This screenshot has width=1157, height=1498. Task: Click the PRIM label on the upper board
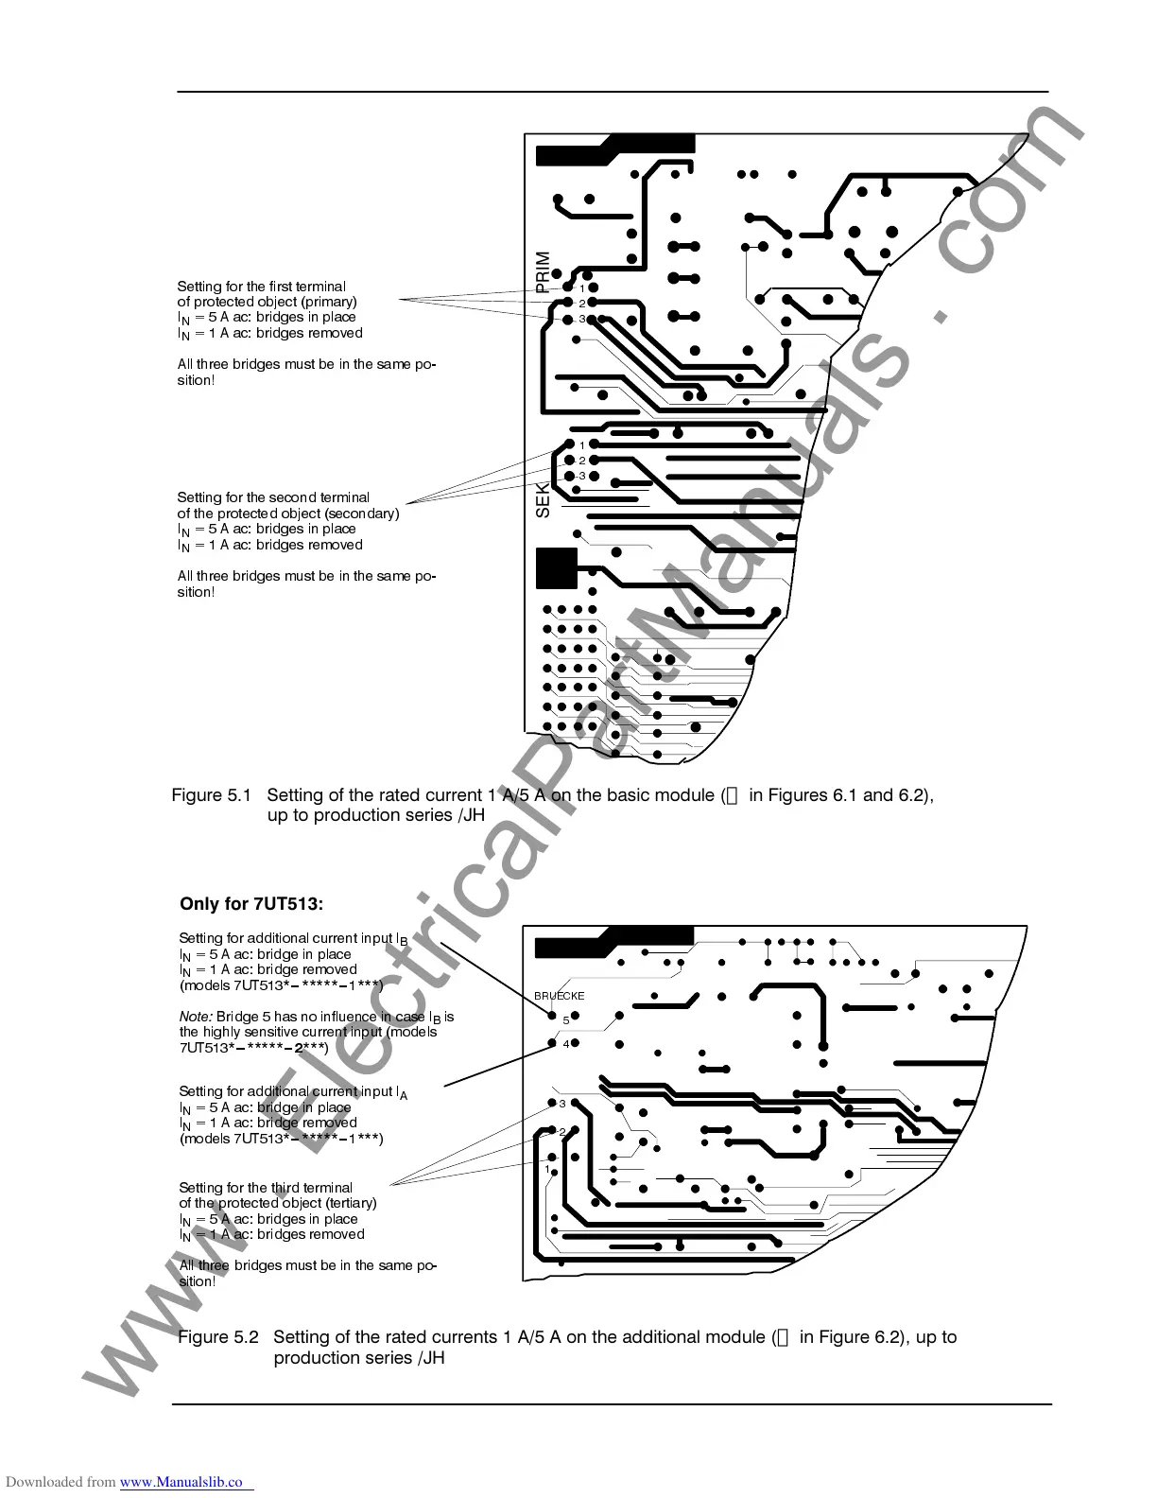point(543,271)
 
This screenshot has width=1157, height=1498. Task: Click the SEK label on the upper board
point(543,499)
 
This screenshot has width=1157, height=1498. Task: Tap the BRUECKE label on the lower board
point(560,996)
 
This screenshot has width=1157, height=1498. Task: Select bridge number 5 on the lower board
point(566,1020)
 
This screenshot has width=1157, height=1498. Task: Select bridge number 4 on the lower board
point(566,1044)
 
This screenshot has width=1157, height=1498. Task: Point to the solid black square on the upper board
point(556,567)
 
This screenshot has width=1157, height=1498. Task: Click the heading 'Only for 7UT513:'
point(251,904)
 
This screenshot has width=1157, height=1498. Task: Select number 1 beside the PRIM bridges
point(583,287)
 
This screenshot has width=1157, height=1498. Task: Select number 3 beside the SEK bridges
point(582,475)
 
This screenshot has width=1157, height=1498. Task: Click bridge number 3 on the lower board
point(562,1104)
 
